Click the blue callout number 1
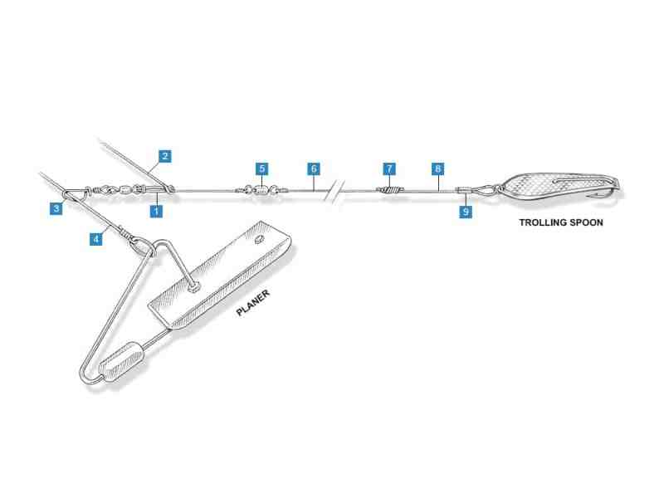pyautogui.click(x=156, y=211)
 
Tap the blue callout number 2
pyautogui.click(x=164, y=156)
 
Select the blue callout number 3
pyautogui.click(x=56, y=208)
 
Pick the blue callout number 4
pyautogui.click(x=96, y=239)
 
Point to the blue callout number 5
pyautogui.click(x=261, y=168)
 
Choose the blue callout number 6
pyautogui.click(x=314, y=168)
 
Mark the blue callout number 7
pyautogui.click(x=389, y=168)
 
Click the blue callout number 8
pyautogui.click(x=438, y=168)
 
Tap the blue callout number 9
pyautogui.click(x=466, y=212)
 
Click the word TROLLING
pyautogui.click(x=543, y=222)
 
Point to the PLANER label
pyautogui.click(x=253, y=303)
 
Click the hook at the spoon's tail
pyautogui.click(x=613, y=192)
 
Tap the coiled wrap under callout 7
pyautogui.click(x=390, y=191)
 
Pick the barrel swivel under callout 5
pyautogui.click(x=262, y=190)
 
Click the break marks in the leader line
pyautogui.click(x=334, y=192)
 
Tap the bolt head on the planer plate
pyautogui.click(x=195, y=287)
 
